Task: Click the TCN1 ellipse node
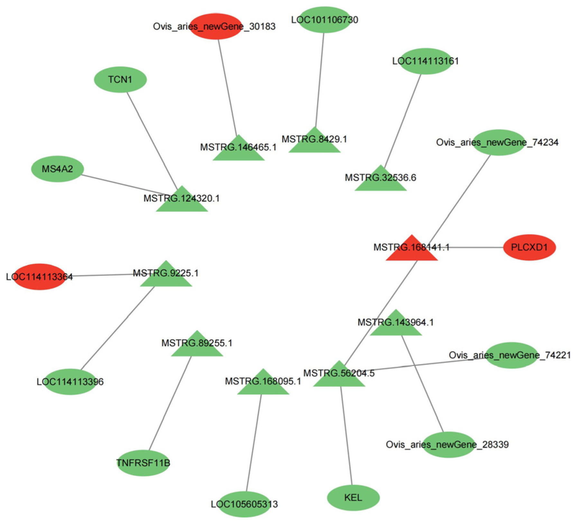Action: [x=120, y=80]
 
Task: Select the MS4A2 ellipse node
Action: [x=57, y=169]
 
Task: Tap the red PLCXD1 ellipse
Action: [x=529, y=247]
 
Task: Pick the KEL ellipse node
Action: [x=353, y=498]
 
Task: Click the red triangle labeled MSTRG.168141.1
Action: [x=412, y=251]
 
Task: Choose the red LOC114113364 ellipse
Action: [x=40, y=277]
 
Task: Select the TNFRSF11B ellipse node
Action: [x=143, y=463]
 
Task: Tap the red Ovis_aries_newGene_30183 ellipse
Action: [x=216, y=26]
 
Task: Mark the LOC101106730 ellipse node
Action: [x=324, y=20]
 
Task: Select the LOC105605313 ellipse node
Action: [x=244, y=504]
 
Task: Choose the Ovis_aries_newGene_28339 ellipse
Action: [x=449, y=444]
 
